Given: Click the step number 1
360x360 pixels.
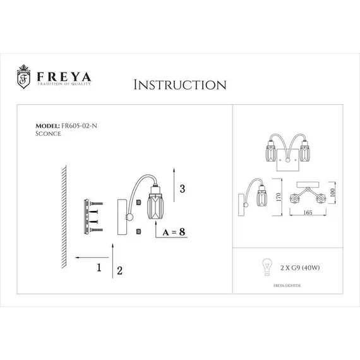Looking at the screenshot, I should [x=99, y=267].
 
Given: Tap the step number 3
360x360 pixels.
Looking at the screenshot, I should [x=183, y=188].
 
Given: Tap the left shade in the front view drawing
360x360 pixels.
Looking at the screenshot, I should [x=267, y=154].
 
